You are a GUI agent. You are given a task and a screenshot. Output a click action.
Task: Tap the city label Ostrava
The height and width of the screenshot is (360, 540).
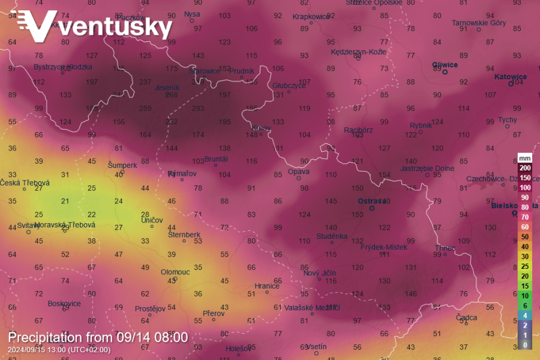point(371,201)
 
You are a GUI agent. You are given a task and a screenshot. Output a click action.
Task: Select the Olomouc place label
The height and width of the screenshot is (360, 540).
point(175,272)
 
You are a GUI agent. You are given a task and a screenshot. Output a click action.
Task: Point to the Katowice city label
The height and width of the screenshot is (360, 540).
point(510,77)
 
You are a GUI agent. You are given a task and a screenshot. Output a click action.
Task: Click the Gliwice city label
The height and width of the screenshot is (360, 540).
point(445,65)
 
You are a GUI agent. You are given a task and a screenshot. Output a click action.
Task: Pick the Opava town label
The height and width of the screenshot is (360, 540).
point(298,171)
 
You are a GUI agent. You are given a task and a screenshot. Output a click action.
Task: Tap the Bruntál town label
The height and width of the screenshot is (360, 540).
point(216,159)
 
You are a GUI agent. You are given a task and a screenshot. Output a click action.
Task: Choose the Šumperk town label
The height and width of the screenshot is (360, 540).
point(122,164)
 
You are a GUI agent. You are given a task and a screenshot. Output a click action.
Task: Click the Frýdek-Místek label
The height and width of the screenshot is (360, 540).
point(383,247)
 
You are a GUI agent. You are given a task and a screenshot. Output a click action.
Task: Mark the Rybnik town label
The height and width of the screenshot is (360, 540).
point(421,125)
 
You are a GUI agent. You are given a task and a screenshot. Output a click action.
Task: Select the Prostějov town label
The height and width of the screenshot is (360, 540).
point(150,309)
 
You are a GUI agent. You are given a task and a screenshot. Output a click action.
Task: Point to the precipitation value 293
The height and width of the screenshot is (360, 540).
point(199,109)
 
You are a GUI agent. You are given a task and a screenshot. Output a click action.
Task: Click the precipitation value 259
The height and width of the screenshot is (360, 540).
point(145,109)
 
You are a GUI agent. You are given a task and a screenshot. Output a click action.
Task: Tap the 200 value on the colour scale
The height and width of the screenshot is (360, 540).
point(525,168)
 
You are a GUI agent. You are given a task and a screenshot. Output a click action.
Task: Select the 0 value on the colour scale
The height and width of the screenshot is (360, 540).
point(525,345)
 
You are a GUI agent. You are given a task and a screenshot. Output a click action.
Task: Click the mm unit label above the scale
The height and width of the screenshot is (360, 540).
point(525,158)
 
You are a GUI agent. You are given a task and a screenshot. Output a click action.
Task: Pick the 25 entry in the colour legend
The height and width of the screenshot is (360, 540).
point(525,266)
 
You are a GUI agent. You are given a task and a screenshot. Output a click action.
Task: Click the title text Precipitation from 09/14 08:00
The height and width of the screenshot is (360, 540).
point(98,337)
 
